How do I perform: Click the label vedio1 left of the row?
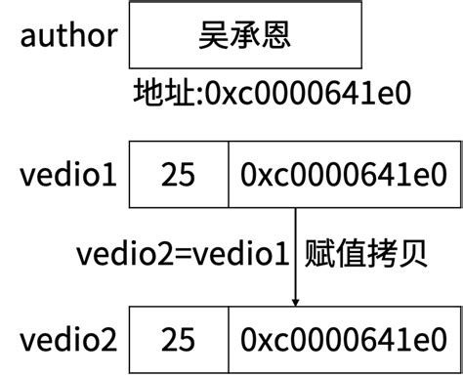pyautogui.click(x=67, y=175)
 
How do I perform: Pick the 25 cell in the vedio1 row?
pyautogui.click(x=178, y=175)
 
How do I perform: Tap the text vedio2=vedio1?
pyautogui.click(x=184, y=253)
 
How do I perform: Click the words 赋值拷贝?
pyautogui.click(x=367, y=253)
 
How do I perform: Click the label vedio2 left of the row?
pyautogui.click(x=67, y=340)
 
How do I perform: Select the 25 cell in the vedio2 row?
pyautogui.click(x=178, y=340)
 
